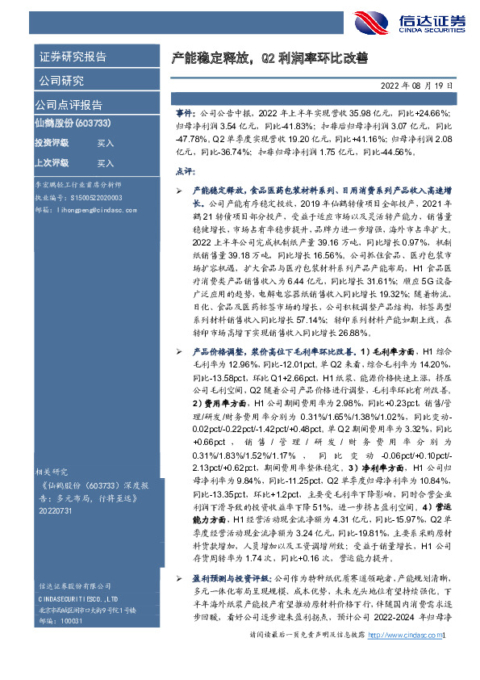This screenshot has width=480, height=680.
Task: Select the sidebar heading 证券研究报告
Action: point(72,57)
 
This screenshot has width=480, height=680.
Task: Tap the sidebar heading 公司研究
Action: point(61,81)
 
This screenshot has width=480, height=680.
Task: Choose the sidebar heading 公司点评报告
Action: point(68,105)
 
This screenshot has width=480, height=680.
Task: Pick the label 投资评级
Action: point(51,143)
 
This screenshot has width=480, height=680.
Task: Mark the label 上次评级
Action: point(51,163)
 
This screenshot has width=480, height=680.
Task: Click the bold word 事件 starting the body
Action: point(184,115)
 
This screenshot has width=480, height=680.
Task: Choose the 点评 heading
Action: point(185,172)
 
